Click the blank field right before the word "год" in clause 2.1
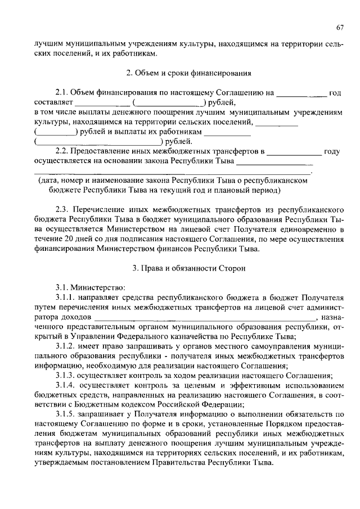(x=301, y=93)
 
